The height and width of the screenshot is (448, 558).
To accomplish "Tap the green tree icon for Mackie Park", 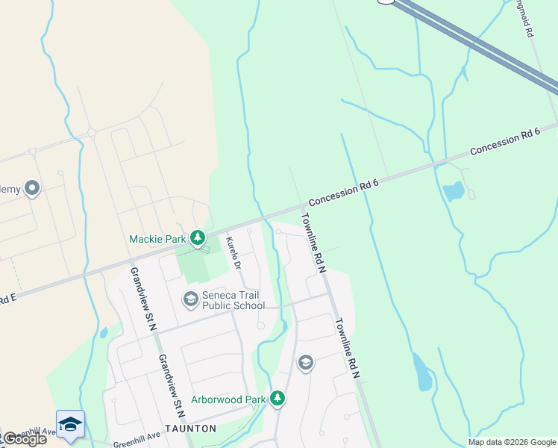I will pyautogui.click(x=198, y=238).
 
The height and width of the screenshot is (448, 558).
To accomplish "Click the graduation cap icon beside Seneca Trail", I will pyautogui.click(x=190, y=299).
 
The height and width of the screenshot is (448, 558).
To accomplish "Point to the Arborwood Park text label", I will pyautogui.click(x=228, y=399).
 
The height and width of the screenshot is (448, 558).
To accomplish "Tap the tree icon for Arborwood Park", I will pyautogui.click(x=278, y=399).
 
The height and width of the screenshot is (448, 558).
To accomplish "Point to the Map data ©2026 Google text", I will pyautogui.click(x=512, y=442).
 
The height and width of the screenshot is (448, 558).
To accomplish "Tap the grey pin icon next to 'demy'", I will pyautogui.click(x=32, y=188).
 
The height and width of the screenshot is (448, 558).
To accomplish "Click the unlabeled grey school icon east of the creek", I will pyautogui.click(x=305, y=364).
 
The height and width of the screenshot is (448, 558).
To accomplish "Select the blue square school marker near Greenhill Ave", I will pyautogui.click(x=71, y=424).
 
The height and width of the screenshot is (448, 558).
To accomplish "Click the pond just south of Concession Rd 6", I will pyautogui.click(x=454, y=191).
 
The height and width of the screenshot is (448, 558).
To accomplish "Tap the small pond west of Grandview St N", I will pyautogui.click(x=103, y=333).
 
